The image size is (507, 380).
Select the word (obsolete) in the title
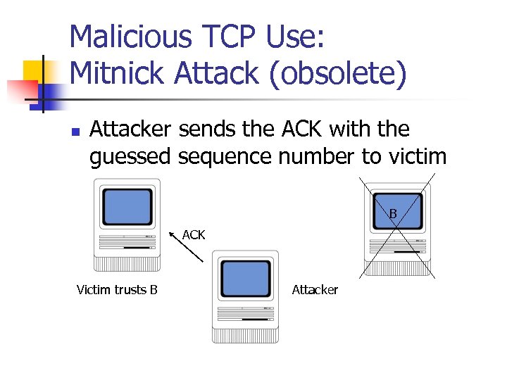[x=337, y=73]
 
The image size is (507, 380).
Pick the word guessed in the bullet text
[x=130, y=156]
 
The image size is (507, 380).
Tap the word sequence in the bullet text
[x=229, y=156]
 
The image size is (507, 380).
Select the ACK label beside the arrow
[x=194, y=235]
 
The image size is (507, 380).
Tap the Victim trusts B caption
[x=117, y=289]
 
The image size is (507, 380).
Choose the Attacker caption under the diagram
[x=315, y=289]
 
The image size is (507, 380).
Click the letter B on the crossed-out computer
[x=393, y=213]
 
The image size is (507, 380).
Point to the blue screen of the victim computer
[x=127, y=206]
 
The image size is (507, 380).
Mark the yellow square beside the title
[x=35, y=73]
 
